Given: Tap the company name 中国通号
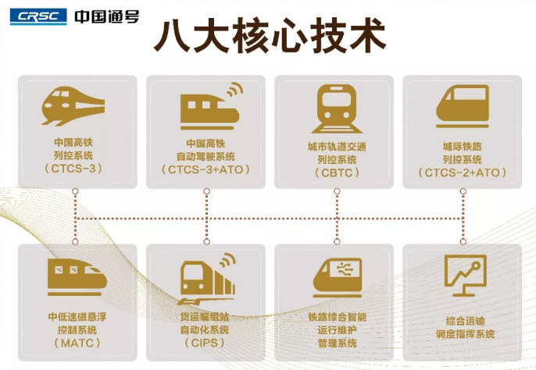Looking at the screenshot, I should [107, 16].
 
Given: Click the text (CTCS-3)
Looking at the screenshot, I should [74, 169].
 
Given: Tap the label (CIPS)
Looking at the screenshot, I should [205, 343].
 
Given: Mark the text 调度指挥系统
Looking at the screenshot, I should [466, 335].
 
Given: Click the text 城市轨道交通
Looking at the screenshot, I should [337, 146].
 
